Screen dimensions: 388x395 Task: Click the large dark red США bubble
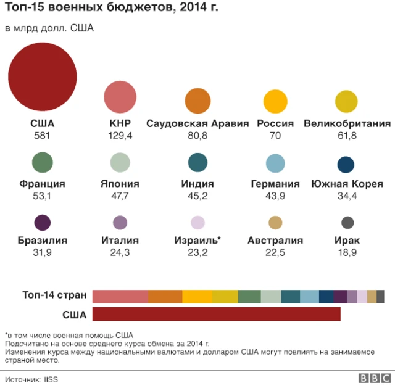pos(43,76)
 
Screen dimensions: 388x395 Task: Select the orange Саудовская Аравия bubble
pos(197,101)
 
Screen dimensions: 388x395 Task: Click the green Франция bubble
pos(42,163)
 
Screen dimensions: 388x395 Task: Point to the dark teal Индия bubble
pos(197,162)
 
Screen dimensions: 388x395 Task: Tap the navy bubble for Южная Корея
pos(346,164)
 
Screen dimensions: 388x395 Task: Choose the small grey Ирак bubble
pos(347,223)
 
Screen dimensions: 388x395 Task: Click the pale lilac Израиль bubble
pos(197,223)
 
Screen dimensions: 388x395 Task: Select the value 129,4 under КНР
pos(120,136)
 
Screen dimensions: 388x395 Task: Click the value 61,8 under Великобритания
pos(347,136)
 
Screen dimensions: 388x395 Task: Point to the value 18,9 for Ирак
pos(347,252)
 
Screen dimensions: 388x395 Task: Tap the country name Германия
pos(275,184)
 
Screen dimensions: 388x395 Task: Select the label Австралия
pos(275,241)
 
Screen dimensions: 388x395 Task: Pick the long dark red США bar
pos(216,314)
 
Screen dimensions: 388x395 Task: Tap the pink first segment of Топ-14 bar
pos(120,296)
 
